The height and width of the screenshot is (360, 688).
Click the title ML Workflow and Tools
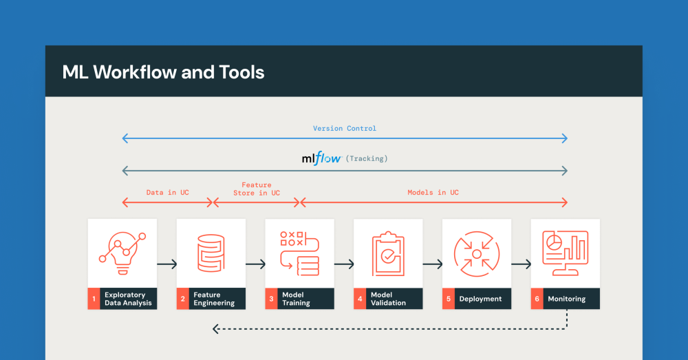click(163, 72)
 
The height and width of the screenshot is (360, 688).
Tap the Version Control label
click(345, 128)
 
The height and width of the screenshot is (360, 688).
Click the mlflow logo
click(321, 158)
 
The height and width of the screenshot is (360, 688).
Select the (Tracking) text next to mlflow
click(367, 158)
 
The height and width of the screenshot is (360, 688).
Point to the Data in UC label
click(168, 192)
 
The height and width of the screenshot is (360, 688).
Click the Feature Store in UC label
click(257, 189)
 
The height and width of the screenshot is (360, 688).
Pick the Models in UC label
click(433, 192)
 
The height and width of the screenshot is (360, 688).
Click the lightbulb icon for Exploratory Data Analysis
click(122, 253)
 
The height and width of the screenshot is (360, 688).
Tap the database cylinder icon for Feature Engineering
click(211, 253)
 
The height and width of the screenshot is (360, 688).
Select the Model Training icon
click(300, 253)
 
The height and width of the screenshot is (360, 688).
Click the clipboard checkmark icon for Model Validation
click(388, 254)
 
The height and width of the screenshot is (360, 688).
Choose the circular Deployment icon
click(477, 254)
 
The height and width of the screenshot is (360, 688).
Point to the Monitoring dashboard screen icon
click(565, 253)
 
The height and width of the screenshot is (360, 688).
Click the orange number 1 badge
click(94, 299)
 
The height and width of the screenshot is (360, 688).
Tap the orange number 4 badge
click(360, 299)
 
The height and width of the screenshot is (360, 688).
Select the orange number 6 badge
click(537, 299)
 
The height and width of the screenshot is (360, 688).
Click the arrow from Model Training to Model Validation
click(344, 264)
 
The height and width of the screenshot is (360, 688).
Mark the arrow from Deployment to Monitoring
click(522, 264)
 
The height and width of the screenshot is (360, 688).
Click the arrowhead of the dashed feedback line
click(215, 329)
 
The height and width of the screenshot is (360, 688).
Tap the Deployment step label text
click(480, 299)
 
